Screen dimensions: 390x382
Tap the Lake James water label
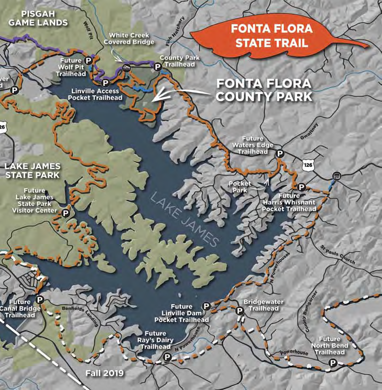186,219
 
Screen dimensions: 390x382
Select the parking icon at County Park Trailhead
157,67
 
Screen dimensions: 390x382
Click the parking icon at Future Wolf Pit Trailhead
88,61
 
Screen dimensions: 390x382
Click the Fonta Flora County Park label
264,90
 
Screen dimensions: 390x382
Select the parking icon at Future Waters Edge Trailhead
281,153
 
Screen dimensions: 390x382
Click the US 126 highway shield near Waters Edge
307,164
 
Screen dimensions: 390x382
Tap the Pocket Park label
240,186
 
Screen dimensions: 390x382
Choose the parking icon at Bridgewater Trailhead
240,310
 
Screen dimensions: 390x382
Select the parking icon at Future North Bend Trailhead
333,363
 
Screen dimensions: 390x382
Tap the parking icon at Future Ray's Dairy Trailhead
167,357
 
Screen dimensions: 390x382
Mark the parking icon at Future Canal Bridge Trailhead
40,299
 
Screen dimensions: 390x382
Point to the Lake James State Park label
32,171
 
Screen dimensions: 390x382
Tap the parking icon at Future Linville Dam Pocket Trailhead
206,306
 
